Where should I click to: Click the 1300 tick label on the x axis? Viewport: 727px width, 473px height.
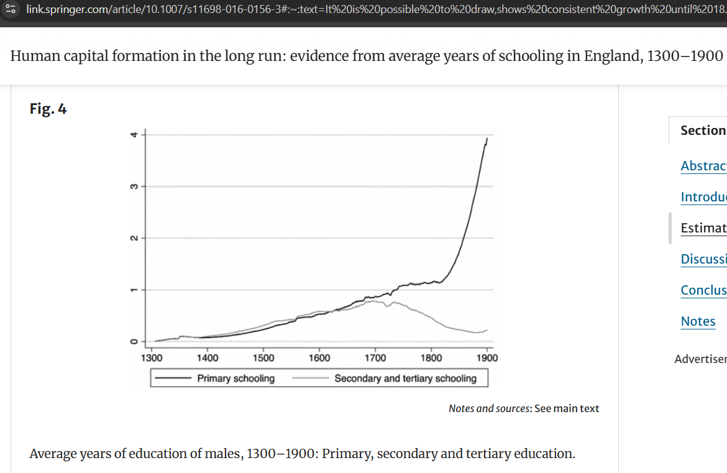pyautogui.click(x=152, y=358)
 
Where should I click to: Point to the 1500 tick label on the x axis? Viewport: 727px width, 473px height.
pyautogui.click(x=263, y=358)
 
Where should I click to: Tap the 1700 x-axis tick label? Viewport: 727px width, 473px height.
pyautogui.click(x=375, y=358)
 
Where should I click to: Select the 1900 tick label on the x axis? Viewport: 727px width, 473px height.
pyautogui.click(x=487, y=358)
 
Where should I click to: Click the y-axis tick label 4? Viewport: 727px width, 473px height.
pyautogui.click(x=132, y=135)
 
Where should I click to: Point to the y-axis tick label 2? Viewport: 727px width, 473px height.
pyautogui.click(x=132, y=238)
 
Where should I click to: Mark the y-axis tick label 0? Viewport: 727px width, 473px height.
pyautogui.click(x=132, y=341)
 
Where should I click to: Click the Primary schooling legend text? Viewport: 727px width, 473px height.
pyautogui.click(x=235, y=378)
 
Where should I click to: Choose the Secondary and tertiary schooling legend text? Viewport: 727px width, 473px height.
pyautogui.click(x=405, y=378)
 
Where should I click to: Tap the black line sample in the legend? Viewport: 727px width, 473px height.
pyautogui.click(x=173, y=378)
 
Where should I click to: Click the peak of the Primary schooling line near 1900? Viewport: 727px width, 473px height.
pyautogui.click(x=487, y=138)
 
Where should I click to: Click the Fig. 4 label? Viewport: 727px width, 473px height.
pyautogui.click(x=48, y=109)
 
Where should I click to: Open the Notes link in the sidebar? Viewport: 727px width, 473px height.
pyautogui.click(x=698, y=321)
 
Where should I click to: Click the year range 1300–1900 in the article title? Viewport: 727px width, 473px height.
pyautogui.click(x=685, y=56)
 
